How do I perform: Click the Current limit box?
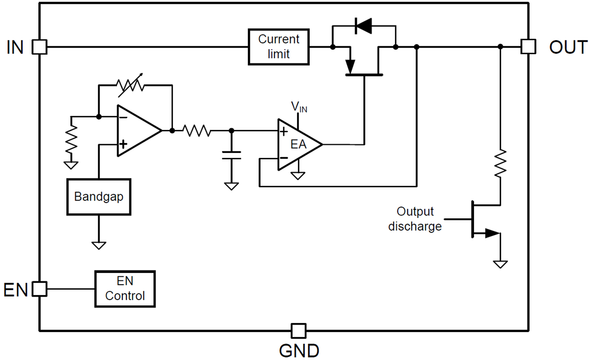[x=279, y=47]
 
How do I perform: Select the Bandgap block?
[x=99, y=197]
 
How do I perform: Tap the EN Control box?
[x=125, y=289]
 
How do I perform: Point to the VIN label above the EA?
[x=299, y=106]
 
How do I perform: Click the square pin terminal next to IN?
[x=39, y=47]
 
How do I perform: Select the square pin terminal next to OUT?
[x=528, y=47]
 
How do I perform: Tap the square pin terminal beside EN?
[x=39, y=289]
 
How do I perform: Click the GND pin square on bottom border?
[x=297, y=331]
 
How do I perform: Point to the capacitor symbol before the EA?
[x=231, y=156]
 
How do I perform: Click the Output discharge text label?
[x=415, y=219]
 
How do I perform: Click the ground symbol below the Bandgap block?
[x=99, y=244]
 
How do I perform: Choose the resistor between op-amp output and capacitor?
[x=197, y=131]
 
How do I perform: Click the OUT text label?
[x=567, y=47]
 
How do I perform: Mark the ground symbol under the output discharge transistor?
[x=500, y=264]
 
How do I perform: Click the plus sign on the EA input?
[x=284, y=132]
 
